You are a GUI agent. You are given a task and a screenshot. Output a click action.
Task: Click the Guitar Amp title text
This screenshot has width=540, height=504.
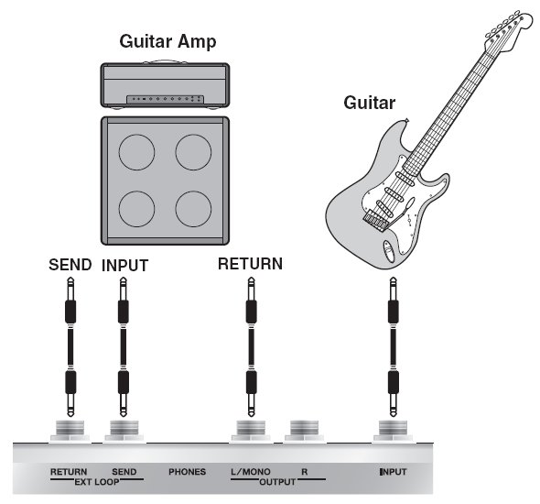[x=167, y=42]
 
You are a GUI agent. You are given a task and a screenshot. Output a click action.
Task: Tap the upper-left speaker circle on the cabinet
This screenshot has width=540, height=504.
[x=136, y=152]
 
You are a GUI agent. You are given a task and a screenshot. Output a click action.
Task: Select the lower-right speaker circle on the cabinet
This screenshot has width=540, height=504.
[x=193, y=209]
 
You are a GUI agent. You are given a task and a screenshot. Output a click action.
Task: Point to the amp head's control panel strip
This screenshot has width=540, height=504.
[x=165, y=99]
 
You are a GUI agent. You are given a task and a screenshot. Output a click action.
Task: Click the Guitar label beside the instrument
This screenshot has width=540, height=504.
[x=369, y=103]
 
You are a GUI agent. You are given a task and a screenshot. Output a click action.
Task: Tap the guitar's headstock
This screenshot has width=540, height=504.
[x=507, y=31]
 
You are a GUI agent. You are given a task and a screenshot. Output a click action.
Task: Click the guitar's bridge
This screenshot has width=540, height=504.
[x=376, y=219]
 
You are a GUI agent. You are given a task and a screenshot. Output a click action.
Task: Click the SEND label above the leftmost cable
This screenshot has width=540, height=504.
[x=70, y=265]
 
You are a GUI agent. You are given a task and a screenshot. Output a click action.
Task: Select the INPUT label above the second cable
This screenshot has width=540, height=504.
[x=125, y=266]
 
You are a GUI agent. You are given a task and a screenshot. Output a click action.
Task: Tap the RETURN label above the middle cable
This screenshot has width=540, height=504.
[x=251, y=264]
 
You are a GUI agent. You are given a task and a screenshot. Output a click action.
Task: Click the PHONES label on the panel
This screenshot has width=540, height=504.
[x=187, y=472]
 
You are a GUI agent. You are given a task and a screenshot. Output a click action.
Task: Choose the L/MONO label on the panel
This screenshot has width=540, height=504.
[x=251, y=471]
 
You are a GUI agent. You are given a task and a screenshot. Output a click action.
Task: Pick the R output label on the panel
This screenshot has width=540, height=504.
[x=305, y=471]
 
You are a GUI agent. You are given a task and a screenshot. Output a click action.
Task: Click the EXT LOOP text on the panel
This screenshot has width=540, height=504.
[x=97, y=482]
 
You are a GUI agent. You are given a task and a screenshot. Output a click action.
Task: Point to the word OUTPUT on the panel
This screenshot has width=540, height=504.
[x=277, y=482]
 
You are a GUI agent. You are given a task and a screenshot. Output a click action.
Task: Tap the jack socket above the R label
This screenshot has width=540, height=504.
[x=305, y=431]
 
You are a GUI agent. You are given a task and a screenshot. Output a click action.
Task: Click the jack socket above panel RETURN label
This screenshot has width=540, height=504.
[x=70, y=431]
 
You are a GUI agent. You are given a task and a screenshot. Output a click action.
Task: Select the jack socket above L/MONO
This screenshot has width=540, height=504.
[x=251, y=431]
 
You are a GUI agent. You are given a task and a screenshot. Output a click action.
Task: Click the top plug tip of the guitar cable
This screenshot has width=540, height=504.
[x=393, y=278]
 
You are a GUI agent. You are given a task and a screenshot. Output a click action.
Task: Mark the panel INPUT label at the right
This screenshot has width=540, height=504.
[x=393, y=472]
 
